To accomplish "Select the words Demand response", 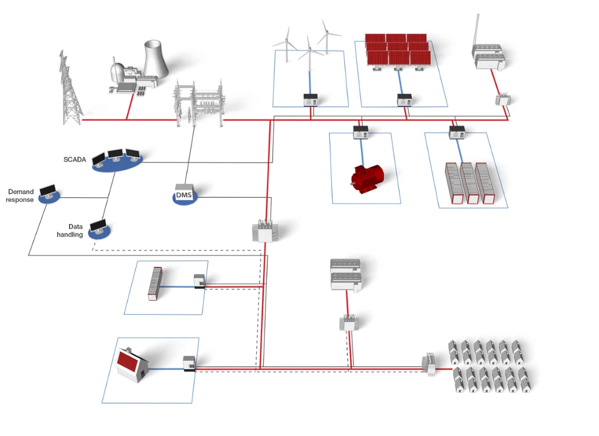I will [20, 195].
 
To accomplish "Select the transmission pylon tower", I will [70, 90].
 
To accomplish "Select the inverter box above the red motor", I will [360, 132].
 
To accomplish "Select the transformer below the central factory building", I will [347, 322].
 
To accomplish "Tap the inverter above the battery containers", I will [456, 132].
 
